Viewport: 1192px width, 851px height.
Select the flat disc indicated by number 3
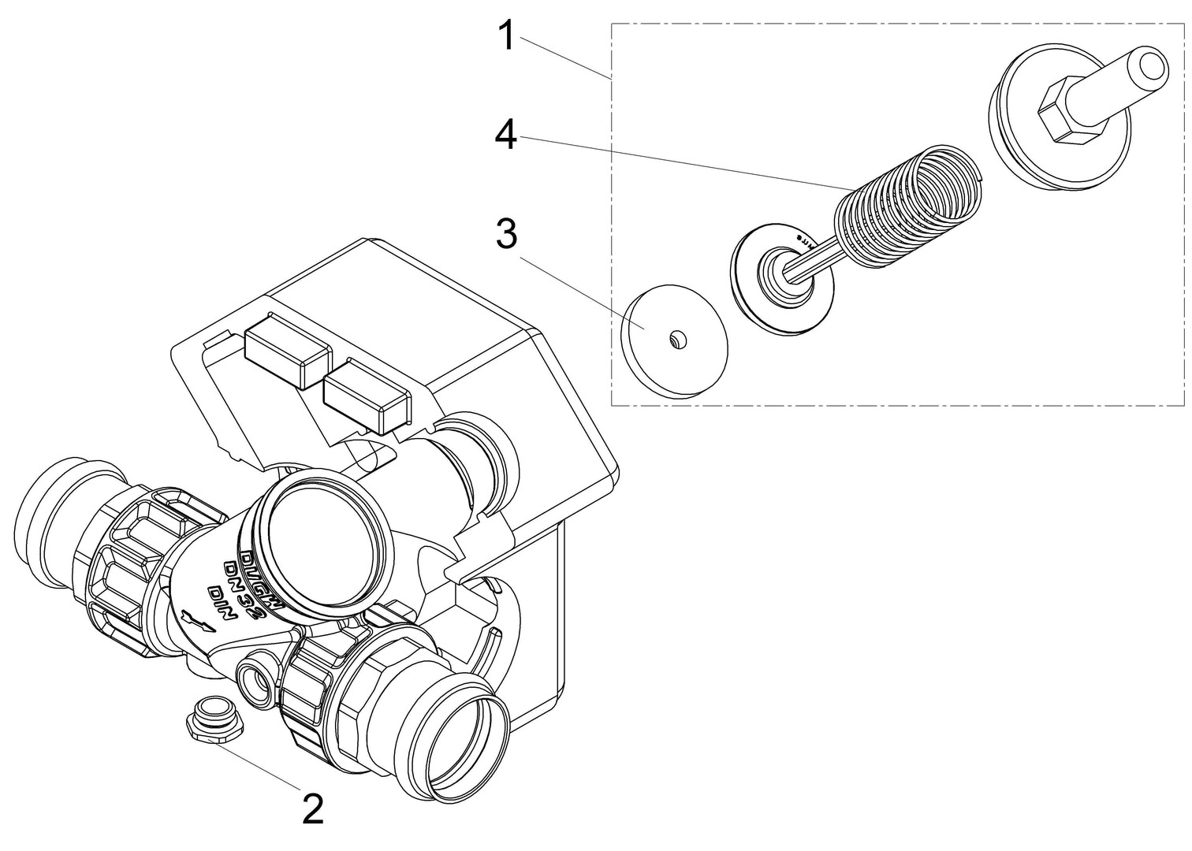click(x=675, y=338)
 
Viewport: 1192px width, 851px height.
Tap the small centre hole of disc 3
click(x=676, y=339)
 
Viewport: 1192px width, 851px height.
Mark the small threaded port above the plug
click(x=257, y=677)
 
